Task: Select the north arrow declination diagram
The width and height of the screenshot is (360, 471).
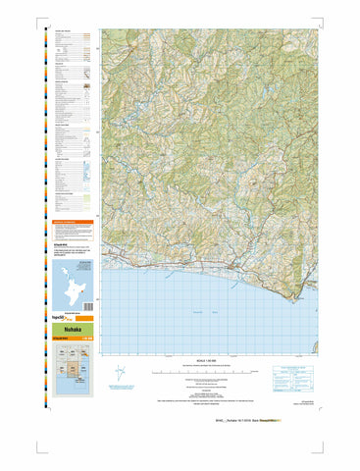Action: pyautogui.click(x=120, y=374)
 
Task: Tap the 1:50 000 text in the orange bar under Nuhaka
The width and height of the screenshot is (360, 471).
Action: pyautogui.click(x=87, y=340)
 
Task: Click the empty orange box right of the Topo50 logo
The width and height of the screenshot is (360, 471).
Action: pyautogui.click(x=85, y=319)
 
